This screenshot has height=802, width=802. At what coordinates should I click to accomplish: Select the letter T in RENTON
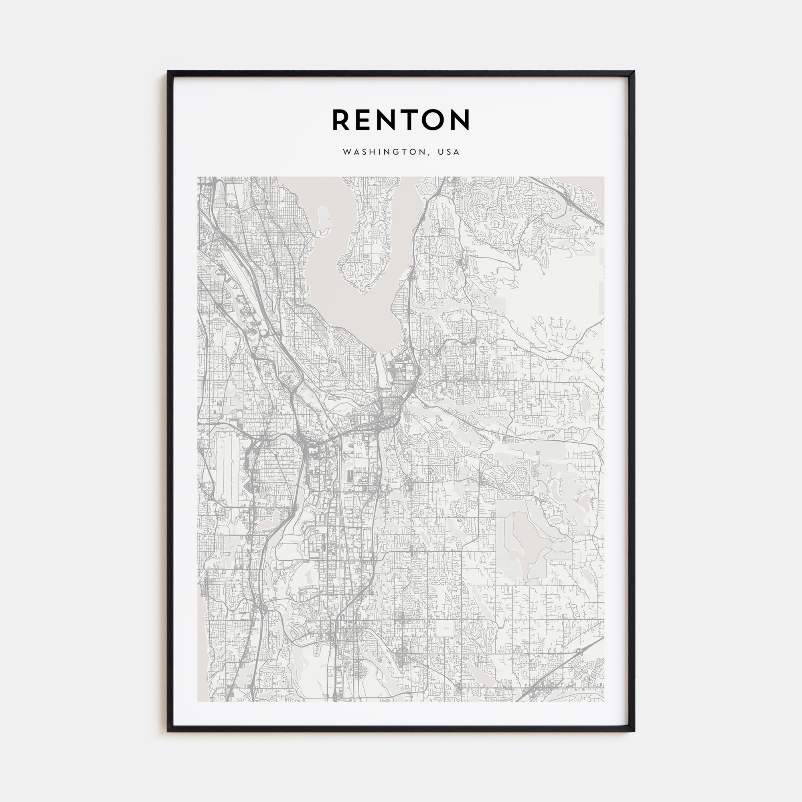tap(416, 120)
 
